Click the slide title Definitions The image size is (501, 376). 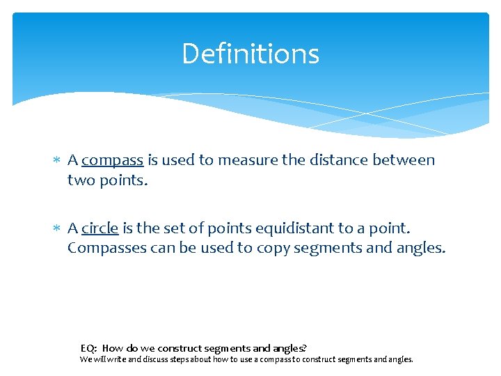[250, 54]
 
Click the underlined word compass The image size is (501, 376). [112, 161]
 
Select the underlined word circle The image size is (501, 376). [100, 228]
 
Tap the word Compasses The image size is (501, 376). [106, 248]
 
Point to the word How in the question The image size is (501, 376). [112, 348]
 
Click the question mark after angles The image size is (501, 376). [305, 348]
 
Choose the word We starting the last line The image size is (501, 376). [85, 360]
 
